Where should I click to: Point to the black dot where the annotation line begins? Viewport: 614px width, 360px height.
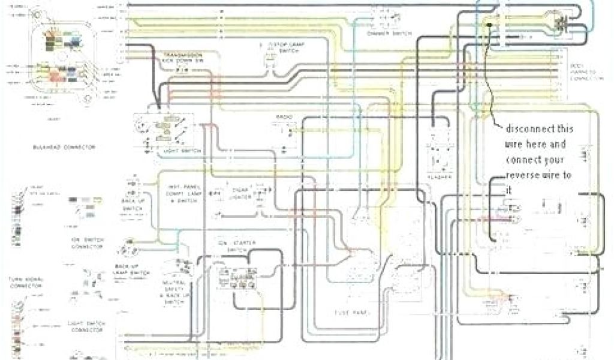pos(490,25)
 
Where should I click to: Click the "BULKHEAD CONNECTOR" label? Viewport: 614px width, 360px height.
pos(65,147)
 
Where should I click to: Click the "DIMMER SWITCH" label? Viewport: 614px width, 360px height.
pos(387,33)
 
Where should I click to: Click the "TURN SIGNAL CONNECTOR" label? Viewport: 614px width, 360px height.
pos(25,283)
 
